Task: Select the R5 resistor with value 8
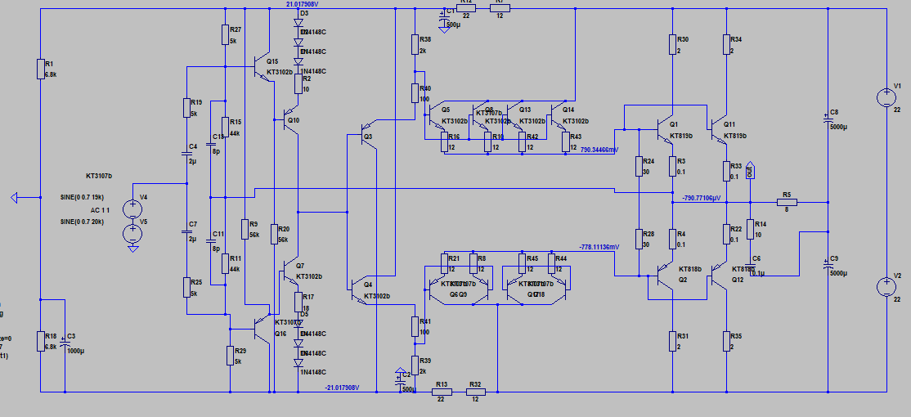[786, 201]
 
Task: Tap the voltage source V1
[886, 98]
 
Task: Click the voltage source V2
[886, 287]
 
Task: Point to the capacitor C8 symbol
[828, 119]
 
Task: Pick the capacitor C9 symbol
[828, 265]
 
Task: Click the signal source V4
[132, 209]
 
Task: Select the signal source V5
[132, 235]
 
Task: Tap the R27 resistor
[225, 34]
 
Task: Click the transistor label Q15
[272, 61]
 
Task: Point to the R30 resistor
[672, 44]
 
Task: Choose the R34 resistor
[725, 44]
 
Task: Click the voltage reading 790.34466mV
[599, 150]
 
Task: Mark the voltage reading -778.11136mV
[599, 247]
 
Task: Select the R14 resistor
[749, 228]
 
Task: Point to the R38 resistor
[415, 44]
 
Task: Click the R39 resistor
[415, 365]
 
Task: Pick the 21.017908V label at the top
[302, 4]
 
